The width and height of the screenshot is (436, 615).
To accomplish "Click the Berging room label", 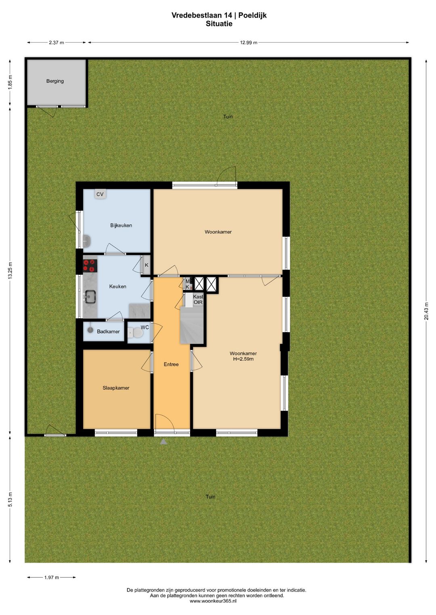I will tap(55, 81).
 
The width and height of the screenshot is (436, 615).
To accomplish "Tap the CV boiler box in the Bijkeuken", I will tap(100, 194).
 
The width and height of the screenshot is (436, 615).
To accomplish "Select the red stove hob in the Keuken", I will tap(90, 265).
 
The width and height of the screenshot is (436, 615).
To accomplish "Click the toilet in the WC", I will tap(136, 333).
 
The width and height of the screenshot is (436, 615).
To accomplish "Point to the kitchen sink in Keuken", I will tap(90, 297).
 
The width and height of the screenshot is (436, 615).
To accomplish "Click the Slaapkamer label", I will tap(116, 388).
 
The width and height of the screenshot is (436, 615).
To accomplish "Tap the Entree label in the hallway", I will tap(171, 364).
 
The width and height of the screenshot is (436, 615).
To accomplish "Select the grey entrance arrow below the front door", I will tap(163, 442).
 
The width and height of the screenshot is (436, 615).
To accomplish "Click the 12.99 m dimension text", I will tap(249, 42).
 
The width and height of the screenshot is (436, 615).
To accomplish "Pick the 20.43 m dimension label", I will tap(426, 311).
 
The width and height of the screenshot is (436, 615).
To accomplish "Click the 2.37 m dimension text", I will tap(57, 42).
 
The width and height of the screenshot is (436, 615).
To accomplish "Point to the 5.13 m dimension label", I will tap(10, 499).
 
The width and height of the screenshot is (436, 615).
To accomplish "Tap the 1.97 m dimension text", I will tap(52, 578).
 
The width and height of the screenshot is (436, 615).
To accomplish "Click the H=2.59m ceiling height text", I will tap(243, 359).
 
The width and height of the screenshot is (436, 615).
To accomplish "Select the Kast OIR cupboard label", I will tap(198, 299).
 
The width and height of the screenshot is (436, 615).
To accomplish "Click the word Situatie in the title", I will tap(219, 24).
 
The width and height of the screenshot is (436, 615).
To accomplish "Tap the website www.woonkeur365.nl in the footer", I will tap(213, 601).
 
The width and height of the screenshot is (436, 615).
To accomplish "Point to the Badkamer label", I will tap(108, 332).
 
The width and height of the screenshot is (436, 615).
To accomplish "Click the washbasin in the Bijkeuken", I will tap(87, 241).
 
